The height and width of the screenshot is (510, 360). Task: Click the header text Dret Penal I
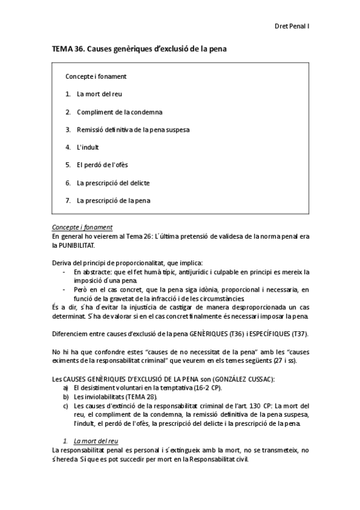point(291,26)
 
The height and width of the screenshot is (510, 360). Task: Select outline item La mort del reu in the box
point(99,94)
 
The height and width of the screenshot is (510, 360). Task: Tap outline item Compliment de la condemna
point(120,112)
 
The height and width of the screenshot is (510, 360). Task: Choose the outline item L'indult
point(88,147)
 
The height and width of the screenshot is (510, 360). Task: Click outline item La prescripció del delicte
point(113,182)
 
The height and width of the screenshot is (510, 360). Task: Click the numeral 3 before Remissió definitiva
point(68,129)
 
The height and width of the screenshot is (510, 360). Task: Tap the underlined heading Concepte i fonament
point(82,227)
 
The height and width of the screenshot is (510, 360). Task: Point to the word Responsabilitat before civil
point(212,460)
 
